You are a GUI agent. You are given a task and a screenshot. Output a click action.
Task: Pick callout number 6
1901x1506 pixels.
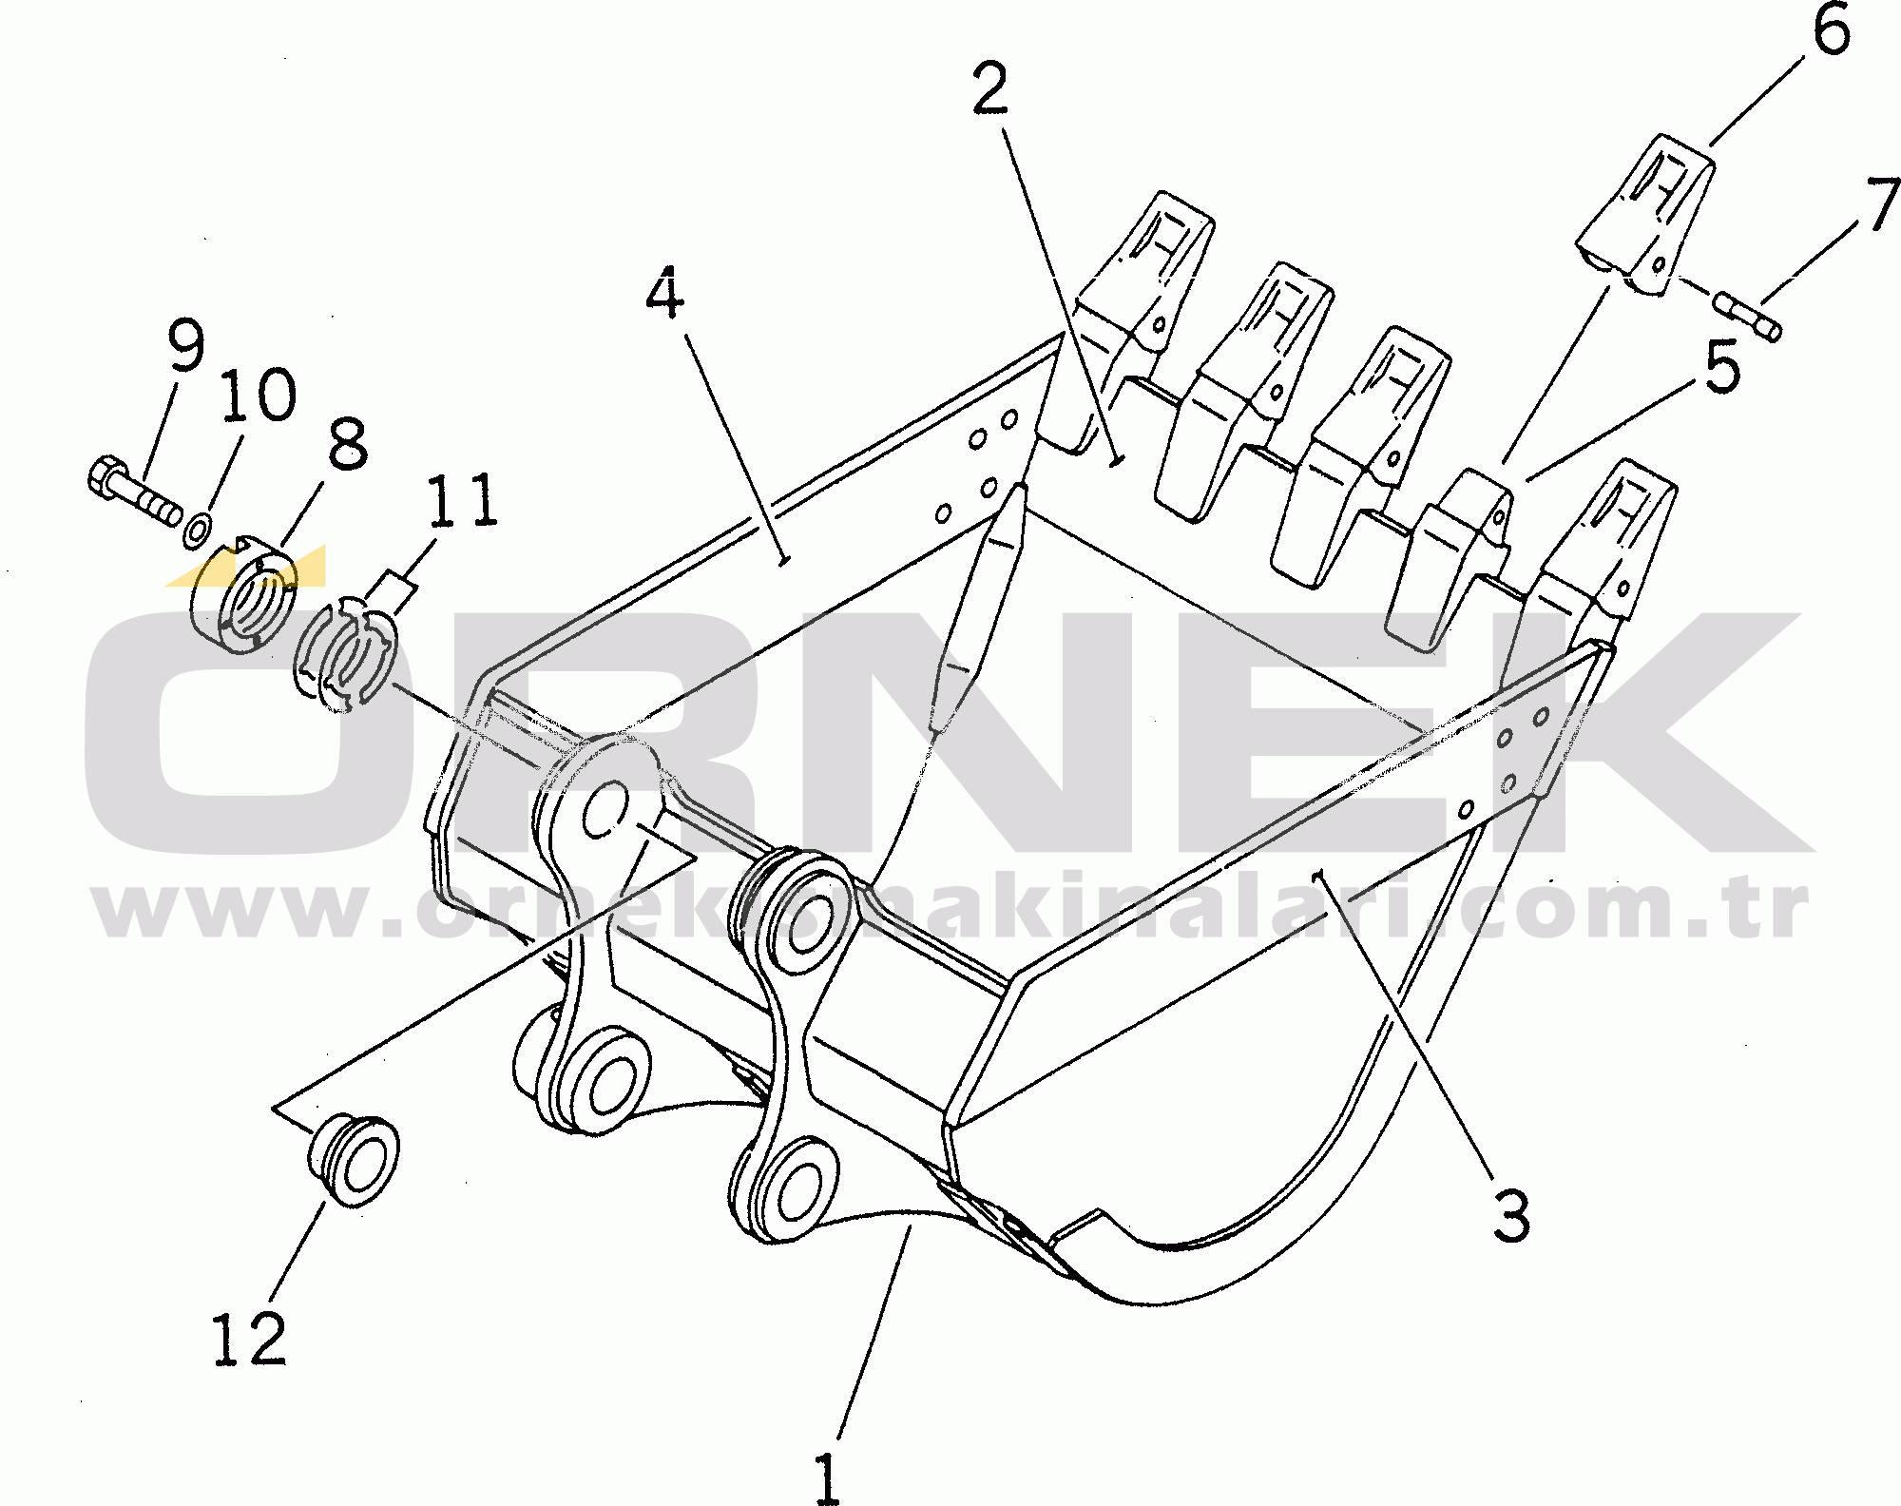(x=1832, y=31)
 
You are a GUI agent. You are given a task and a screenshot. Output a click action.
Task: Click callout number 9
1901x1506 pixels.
(x=184, y=347)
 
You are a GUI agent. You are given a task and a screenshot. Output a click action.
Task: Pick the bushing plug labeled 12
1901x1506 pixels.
(x=354, y=1161)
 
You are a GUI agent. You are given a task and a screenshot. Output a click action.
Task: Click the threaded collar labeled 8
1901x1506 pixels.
(x=244, y=597)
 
